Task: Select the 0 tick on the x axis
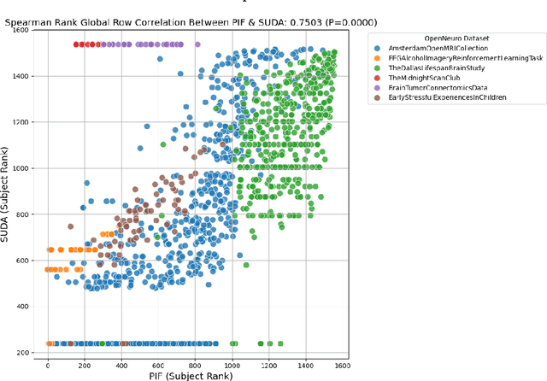pyautogui.click(x=48, y=361)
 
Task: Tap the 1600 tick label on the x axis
pyautogui.click(x=342, y=361)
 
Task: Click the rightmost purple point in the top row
pyautogui.click(x=197, y=44)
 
